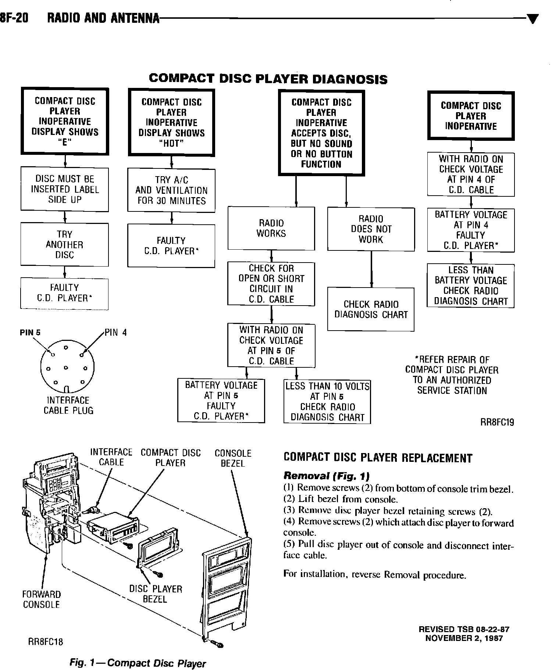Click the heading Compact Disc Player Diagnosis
[268, 79]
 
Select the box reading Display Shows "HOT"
[171, 122]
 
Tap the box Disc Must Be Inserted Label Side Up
[65, 189]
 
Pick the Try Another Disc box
[65, 245]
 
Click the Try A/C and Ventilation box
[171, 190]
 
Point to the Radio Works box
[271, 228]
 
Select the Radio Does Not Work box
[371, 229]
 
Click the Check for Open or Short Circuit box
[271, 284]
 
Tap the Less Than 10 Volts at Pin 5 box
[327, 402]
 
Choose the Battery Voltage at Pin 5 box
[221, 400]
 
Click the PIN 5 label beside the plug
[30, 333]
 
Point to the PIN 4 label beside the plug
[116, 333]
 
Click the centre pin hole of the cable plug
[66, 368]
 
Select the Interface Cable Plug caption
[68, 405]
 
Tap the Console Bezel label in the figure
[233, 458]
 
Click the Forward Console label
[41, 599]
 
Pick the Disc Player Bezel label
[156, 594]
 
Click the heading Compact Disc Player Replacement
[378, 458]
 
